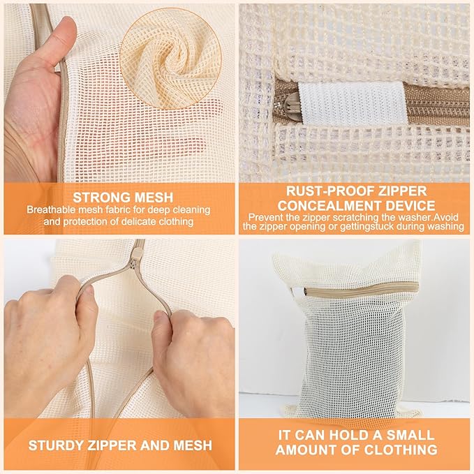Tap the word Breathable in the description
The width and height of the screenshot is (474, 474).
[55, 209]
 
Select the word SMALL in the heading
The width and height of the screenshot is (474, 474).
[412, 434]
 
